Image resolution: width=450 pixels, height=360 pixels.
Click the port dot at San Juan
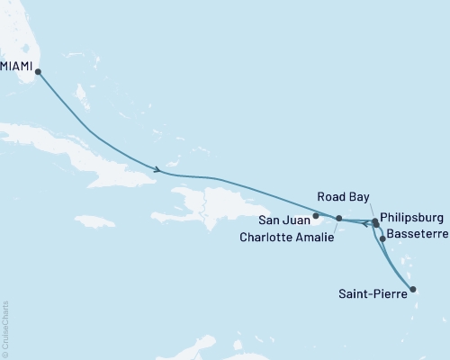tap(316, 216)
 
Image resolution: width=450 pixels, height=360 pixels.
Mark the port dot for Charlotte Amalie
tap(338, 219)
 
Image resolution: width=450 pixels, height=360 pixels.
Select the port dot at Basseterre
tap(383, 238)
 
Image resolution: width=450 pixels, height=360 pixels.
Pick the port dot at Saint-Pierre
tap(413, 290)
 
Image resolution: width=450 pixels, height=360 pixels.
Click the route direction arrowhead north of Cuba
tap(158, 168)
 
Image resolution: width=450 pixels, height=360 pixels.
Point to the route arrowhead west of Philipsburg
tap(365, 226)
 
